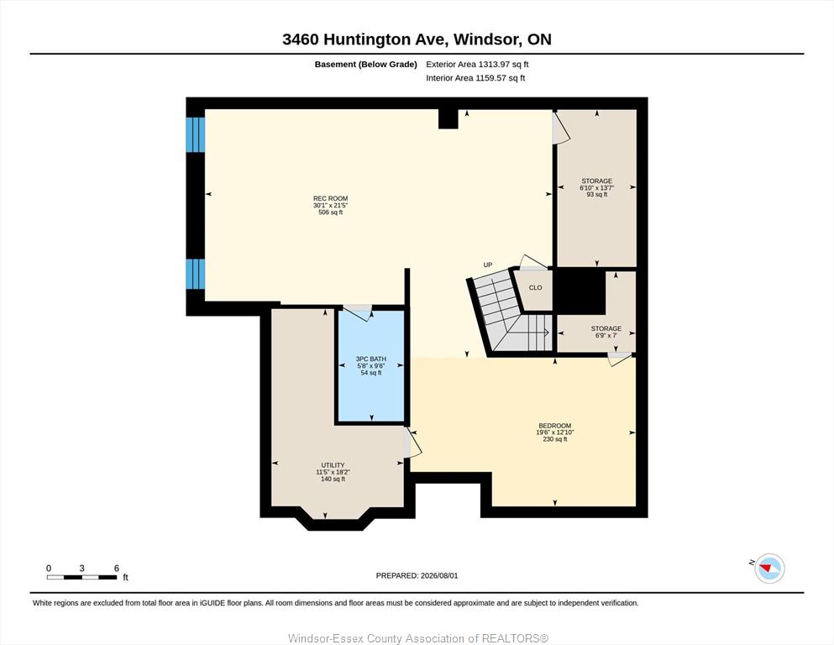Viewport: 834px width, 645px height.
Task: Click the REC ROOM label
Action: (x=330, y=198)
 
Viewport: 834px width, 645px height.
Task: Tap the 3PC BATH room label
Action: (x=370, y=359)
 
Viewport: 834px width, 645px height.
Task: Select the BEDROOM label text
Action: (x=555, y=426)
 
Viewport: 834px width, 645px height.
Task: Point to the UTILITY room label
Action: (x=333, y=464)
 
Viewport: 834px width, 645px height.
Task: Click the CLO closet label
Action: (x=536, y=288)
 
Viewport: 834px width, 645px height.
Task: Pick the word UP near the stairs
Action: (x=488, y=265)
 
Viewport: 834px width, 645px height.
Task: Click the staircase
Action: (x=510, y=314)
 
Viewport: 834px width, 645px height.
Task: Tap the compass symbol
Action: (x=769, y=569)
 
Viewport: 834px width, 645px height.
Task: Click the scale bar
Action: (x=82, y=577)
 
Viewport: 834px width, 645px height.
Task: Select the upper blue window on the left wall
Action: (x=195, y=134)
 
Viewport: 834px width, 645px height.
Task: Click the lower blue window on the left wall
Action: (x=195, y=275)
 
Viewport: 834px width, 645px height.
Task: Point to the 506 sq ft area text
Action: (x=330, y=212)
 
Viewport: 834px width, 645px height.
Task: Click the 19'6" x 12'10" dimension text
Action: (x=555, y=433)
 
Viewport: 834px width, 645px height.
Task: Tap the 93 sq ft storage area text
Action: (x=597, y=195)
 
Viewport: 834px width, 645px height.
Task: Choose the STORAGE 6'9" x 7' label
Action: (x=606, y=332)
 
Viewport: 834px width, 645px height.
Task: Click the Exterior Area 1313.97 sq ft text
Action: (x=477, y=65)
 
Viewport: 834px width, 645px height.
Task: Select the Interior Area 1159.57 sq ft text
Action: (x=475, y=78)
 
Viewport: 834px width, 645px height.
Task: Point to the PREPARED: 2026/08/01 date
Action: (x=417, y=575)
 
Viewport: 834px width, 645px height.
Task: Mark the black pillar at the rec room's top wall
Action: (x=448, y=118)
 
